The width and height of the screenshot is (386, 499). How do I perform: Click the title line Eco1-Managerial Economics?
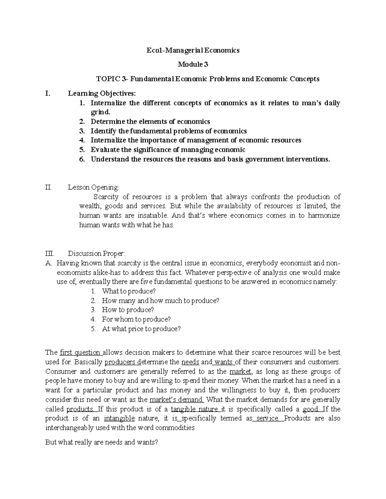coord(193,50)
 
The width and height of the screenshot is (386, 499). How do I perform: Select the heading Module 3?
coord(193,65)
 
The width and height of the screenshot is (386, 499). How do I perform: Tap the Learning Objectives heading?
coord(102,94)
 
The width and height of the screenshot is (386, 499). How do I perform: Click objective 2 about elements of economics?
coord(150,121)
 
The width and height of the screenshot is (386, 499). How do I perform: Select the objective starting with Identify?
coord(169,131)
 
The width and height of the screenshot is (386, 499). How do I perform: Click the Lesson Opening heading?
coord(93,187)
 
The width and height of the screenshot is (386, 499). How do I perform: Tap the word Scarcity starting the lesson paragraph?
coord(106,197)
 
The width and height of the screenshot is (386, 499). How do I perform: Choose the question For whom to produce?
coord(136,319)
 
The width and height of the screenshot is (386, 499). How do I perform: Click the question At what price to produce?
coord(141,329)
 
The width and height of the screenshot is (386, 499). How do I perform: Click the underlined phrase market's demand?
coord(177,400)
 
